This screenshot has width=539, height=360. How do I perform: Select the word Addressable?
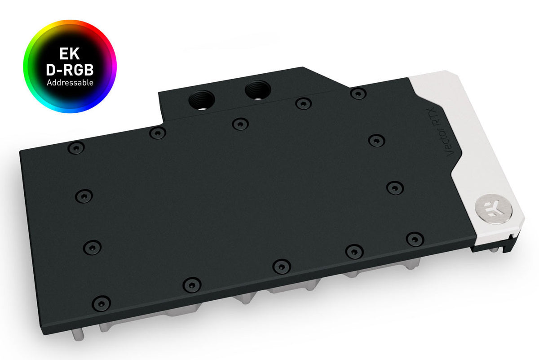(x=70, y=83)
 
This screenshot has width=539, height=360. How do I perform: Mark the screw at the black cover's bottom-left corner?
(x=102, y=302)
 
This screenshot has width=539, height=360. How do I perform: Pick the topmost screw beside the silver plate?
(x=358, y=93)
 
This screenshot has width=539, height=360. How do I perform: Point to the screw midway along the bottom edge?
(x=282, y=265)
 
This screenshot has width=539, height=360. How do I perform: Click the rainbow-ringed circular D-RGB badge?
(x=70, y=67)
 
